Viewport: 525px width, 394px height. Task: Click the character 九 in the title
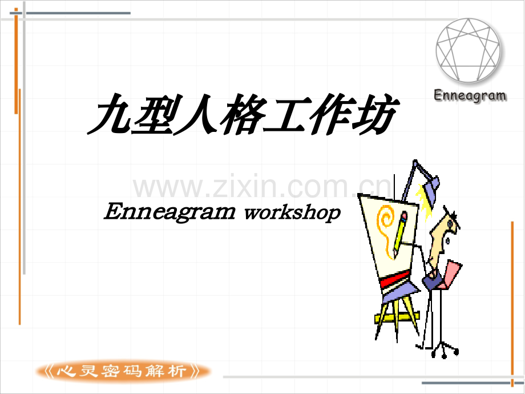pos(110,114)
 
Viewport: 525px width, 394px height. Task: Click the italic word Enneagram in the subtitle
pos(169,212)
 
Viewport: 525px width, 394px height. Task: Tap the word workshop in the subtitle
pos(292,212)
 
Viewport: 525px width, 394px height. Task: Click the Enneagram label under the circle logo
pos(470,95)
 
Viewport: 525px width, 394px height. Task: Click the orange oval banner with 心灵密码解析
pos(123,371)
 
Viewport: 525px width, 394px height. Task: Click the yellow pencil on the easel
pos(400,234)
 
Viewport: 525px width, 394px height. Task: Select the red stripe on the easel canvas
pos(395,279)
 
